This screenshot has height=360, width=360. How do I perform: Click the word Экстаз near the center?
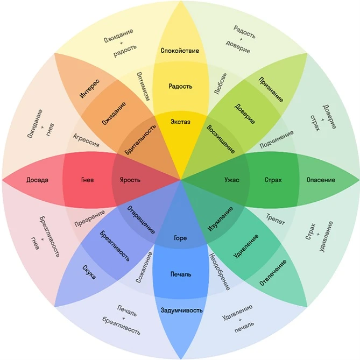180,122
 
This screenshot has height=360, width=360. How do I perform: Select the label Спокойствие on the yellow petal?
180,51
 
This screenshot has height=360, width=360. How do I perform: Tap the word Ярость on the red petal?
130,180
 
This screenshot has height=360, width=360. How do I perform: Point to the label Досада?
37,180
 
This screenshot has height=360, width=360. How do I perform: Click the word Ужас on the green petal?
232,180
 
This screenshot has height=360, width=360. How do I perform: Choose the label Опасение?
321,180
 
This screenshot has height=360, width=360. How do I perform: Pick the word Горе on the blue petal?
180,238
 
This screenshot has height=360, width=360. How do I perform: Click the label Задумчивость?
181,310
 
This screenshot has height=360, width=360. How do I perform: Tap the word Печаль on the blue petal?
181,274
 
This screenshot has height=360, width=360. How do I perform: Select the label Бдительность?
140,139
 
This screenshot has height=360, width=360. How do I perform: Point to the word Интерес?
89,89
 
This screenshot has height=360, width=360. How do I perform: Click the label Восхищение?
221,139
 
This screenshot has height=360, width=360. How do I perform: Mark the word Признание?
271,89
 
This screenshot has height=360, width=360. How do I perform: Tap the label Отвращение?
141,220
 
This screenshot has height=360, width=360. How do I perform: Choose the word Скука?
89,272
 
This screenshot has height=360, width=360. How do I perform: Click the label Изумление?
220,219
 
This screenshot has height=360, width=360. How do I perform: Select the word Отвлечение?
273,273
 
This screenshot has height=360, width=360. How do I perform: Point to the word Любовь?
221,83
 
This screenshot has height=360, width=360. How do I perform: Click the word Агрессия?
86,140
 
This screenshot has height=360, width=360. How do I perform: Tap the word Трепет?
276,219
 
